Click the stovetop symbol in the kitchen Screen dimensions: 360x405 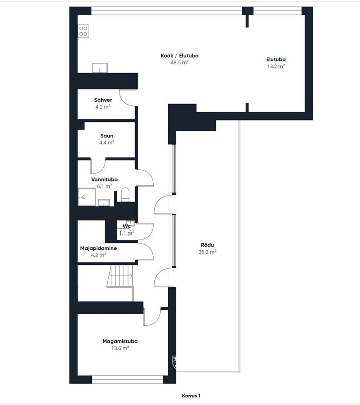(83, 31)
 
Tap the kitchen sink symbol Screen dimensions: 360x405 (100, 67)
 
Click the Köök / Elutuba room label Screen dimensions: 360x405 (180, 55)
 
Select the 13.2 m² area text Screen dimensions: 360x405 (276, 67)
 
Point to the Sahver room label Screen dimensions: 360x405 (103, 100)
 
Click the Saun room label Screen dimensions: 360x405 (107, 136)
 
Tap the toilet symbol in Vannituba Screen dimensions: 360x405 (125, 194)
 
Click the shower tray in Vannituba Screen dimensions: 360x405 (87, 197)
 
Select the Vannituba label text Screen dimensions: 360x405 (105, 179)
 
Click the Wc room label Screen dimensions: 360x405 (127, 226)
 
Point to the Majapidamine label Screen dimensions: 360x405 (98, 248)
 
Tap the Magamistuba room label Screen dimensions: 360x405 (120, 341)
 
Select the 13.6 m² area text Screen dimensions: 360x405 (120, 348)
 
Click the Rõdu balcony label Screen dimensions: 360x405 (207, 245)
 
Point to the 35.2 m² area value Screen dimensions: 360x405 (207, 252)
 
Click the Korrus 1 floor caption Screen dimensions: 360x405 (191, 396)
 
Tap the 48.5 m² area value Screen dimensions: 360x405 (180, 62)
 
